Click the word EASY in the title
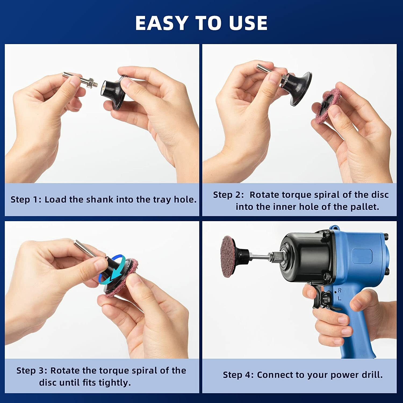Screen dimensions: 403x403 point(161,23)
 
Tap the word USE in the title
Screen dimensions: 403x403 point(248,23)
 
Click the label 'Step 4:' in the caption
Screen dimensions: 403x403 point(238,375)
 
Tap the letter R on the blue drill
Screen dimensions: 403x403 point(340,290)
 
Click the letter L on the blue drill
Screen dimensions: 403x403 point(339,298)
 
